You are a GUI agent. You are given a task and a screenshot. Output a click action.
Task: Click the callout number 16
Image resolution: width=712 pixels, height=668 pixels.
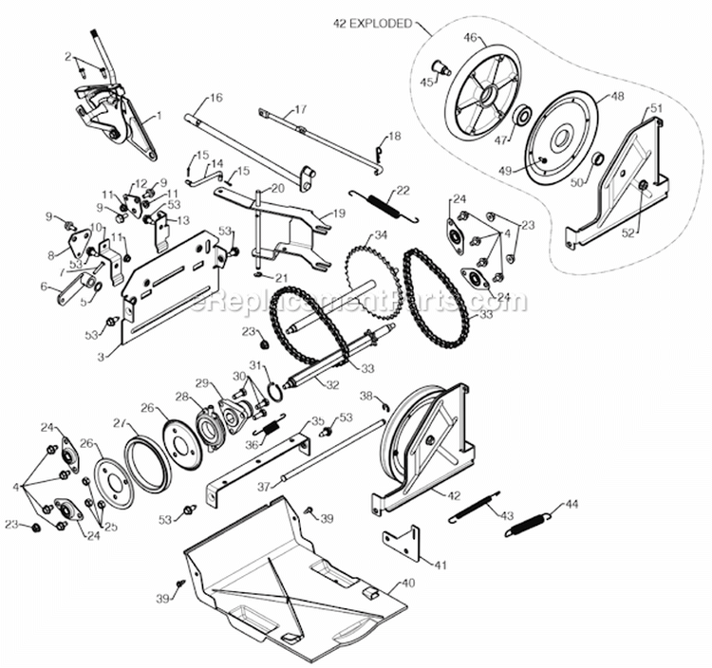[216, 98]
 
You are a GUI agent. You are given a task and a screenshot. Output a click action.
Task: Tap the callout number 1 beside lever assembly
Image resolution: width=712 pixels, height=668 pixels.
[159, 115]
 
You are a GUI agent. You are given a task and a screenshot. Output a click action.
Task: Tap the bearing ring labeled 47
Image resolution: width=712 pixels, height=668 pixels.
[521, 117]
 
